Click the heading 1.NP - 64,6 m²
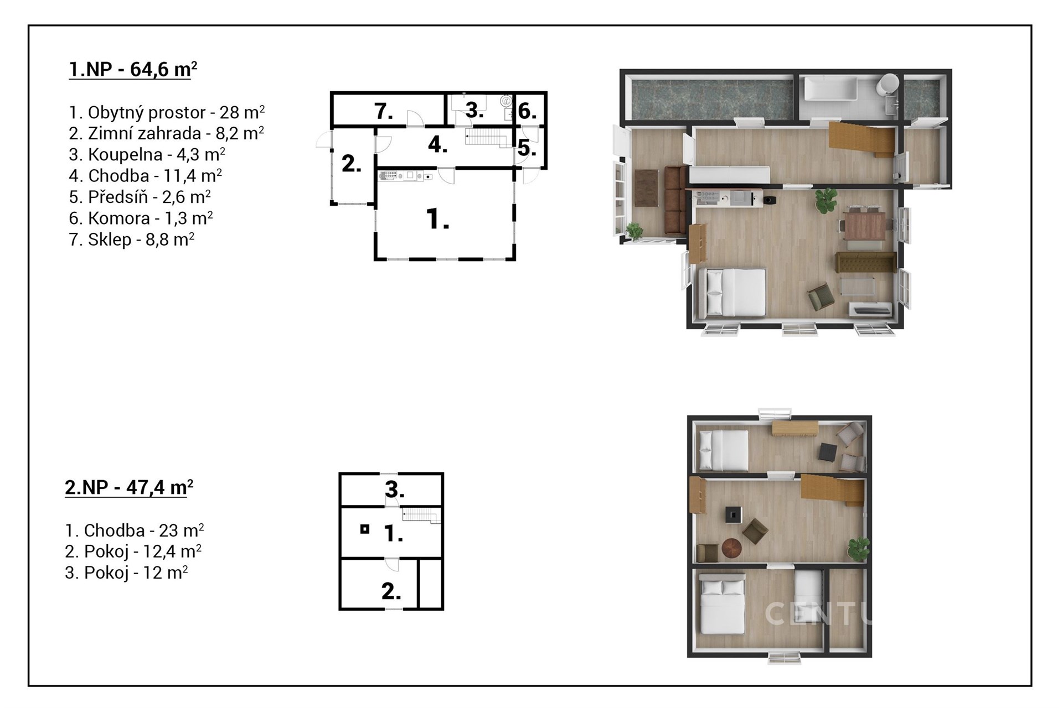(x=133, y=70)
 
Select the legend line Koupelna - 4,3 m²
(x=147, y=154)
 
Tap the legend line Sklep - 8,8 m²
(x=131, y=240)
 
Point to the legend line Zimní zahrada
(x=166, y=133)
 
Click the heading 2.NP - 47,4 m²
(x=129, y=488)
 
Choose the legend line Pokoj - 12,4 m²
(x=133, y=551)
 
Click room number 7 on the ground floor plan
(x=384, y=112)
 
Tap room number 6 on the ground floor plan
(x=527, y=112)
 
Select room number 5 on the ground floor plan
(x=527, y=148)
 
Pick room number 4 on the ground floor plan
(x=437, y=145)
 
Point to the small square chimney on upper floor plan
(x=364, y=529)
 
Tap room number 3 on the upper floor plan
(x=394, y=490)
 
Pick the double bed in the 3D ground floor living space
(x=732, y=293)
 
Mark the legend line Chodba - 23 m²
(x=135, y=530)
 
